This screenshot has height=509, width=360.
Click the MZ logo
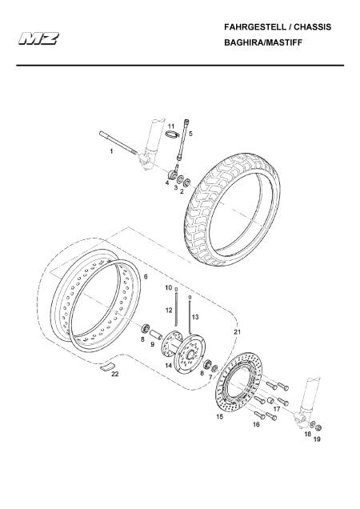pyautogui.click(x=38, y=38)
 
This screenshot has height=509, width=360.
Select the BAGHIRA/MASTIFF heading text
pyautogui.click(x=263, y=42)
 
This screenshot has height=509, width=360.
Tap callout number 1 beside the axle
pyautogui.click(x=111, y=151)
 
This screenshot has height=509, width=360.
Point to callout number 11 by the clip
pyautogui.click(x=171, y=126)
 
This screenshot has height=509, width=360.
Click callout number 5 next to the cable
pyautogui.click(x=190, y=134)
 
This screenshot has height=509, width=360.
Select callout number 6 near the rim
pyautogui.click(x=146, y=277)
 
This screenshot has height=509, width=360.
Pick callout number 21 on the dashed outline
pyautogui.click(x=238, y=332)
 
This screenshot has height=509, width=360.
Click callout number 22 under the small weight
pyautogui.click(x=115, y=374)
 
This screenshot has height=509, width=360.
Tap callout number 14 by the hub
pyautogui.click(x=169, y=366)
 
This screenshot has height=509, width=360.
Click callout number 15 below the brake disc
pyautogui.click(x=220, y=416)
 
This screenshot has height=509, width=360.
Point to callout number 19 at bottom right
pyautogui.click(x=317, y=439)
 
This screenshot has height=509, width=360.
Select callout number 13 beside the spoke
pyautogui.click(x=195, y=317)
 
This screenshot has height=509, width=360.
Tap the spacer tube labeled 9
pyautogui.click(x=155, y=335)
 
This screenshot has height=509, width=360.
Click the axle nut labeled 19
pyautogui.click(x=318, y=428)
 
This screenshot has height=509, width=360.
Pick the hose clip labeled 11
pyautogui.click(x=172, y=134)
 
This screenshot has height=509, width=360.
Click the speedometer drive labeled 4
pyautogui.click(x=171, y=175)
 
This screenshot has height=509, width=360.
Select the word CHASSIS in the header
pyautogui.click(x=313, y=27)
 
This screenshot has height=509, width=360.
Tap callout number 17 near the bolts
pyautogui.click(x=277, y=409)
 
